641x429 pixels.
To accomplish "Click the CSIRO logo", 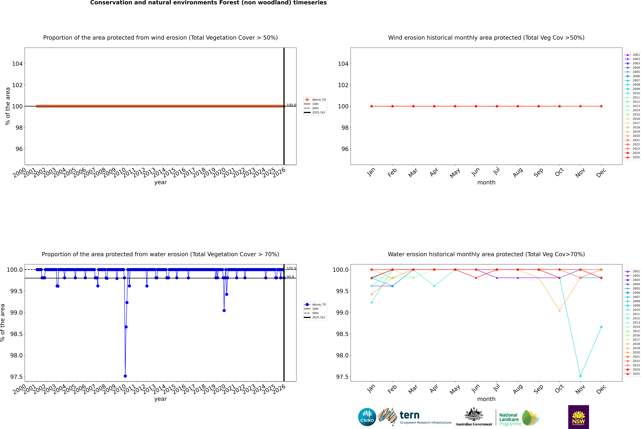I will coord(367,417).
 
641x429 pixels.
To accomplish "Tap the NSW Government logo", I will coord(578,417).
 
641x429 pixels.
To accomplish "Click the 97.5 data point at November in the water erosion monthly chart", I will coord(580,376).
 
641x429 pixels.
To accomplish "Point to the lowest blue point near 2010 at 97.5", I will coord(125,376).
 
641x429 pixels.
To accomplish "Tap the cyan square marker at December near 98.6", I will coord(601,327).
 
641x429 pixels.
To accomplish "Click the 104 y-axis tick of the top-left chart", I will coord(17,64).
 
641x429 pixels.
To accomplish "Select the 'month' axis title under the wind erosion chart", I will coord(486,183).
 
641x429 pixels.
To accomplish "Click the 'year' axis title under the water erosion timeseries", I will coord(160,399).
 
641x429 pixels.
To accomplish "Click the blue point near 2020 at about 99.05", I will coord(224,311).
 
